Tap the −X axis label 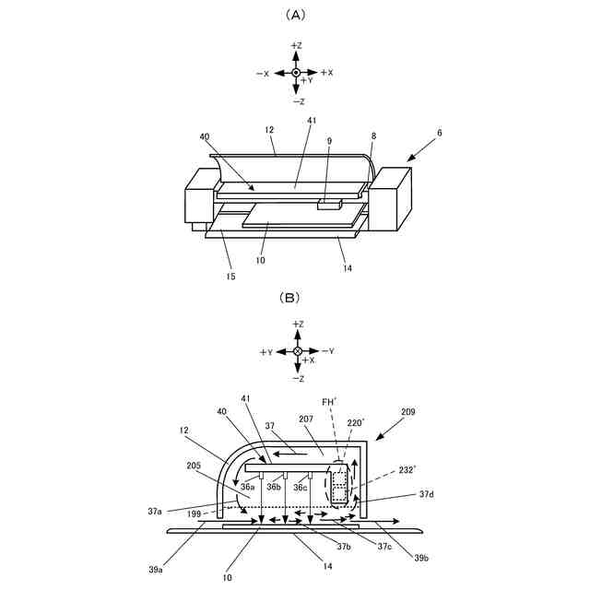(264, 73)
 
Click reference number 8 (373, 136)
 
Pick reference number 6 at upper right (440, 132)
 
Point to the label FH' (329, 402)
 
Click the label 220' (355, 423)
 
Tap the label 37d (426, 494)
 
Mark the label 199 (194, 513)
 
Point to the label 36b (275, 487)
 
